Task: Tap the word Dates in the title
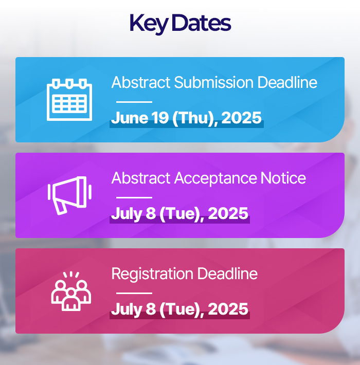201,23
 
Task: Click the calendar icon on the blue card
69,100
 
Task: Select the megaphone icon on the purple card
69,195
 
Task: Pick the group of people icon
71,291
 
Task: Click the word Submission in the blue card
214,83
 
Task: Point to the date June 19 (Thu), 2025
187,118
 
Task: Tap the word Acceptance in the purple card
215,179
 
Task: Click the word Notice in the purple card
283,178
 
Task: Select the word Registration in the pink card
152,274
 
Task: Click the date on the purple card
179,214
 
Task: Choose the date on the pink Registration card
179,309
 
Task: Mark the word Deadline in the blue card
287,82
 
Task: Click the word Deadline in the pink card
227,273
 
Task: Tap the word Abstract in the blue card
141,82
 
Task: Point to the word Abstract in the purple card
141,178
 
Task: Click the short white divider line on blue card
134,102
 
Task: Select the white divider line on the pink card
134,294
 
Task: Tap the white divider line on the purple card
134,197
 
